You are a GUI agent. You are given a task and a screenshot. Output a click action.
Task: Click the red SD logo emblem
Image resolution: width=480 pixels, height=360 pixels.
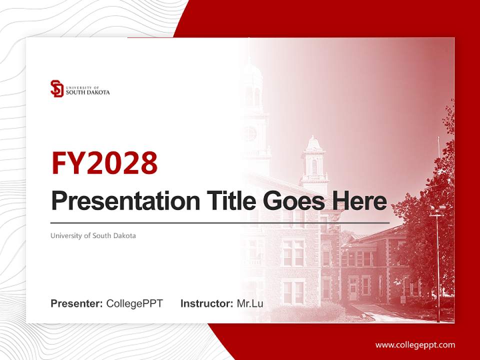click(57, 88)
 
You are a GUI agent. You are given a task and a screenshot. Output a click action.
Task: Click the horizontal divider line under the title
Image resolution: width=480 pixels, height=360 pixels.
click(220, 222)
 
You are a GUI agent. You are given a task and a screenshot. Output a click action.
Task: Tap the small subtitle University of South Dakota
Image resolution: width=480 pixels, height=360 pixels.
click(93, 235)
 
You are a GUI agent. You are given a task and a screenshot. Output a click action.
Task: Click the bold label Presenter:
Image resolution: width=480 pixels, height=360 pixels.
click(77, 303)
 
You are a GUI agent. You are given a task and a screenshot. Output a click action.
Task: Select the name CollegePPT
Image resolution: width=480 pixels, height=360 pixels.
click(134, 303)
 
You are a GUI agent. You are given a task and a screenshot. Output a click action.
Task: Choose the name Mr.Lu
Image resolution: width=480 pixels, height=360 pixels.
click(250, 303)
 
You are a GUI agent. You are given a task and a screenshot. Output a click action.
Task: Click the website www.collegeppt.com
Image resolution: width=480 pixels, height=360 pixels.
click(415, 344)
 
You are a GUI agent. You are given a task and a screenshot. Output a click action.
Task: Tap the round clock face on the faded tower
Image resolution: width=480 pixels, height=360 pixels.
click(249, 133)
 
